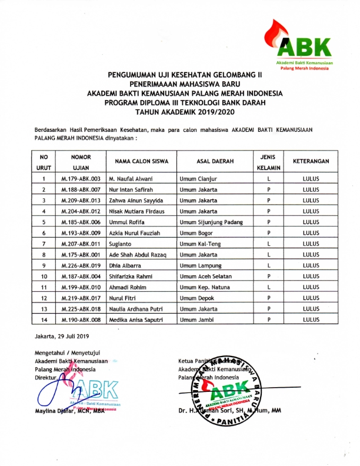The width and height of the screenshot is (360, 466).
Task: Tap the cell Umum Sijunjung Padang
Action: [x=211, y=222]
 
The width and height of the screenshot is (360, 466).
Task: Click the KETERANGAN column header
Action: [x=311, y=161]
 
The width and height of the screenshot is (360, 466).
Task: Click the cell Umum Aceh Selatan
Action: [x=206, y=276]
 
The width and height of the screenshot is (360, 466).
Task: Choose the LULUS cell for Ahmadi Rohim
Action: [x=311, y=287]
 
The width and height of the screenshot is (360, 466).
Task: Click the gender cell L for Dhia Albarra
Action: [x=268, y=265]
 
